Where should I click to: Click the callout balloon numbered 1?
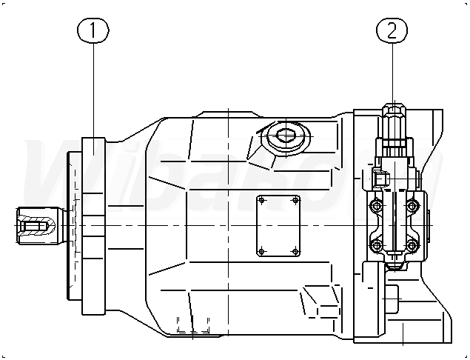(94, 30)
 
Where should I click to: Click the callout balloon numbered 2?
(392, 30)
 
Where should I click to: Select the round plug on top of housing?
(286, 137)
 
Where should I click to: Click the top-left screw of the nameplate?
(261, 199)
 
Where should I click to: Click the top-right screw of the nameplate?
(296, 199)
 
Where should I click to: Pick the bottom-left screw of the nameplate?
(261, 253)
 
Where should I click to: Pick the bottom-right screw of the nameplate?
(296, 253)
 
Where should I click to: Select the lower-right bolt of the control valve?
(411, 245)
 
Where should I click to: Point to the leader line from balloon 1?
(94, 89)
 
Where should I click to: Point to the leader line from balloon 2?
(392, 74)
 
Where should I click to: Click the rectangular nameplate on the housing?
(278, 226)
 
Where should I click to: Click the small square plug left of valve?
(379, 179)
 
